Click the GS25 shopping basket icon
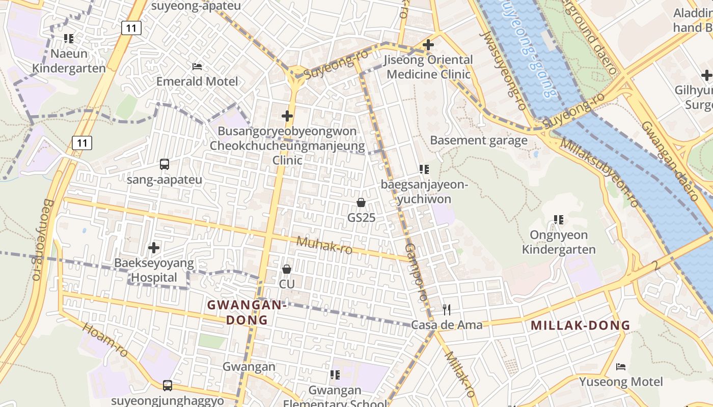[361, 202]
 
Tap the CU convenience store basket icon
[287, 269]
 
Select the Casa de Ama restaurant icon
[447, 309]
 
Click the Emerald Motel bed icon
[197, 67]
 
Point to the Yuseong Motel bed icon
[621, 366]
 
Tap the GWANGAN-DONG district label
[246, 312]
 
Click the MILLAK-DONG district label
[581, 326]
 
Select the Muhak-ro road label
[324, 245]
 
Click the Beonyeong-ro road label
[49, 239]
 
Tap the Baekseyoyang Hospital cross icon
[153, 248]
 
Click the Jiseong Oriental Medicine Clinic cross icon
[428, 45]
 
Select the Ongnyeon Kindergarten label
[559, 242]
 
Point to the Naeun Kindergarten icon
[69, 38]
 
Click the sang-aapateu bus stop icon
[164, 164]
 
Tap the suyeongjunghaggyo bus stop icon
[168, 386]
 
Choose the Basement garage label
[479, 140]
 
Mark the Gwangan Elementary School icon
[335, 375]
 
